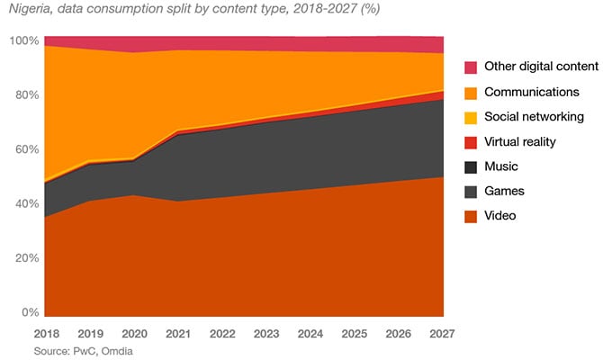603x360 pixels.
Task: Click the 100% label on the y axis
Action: (x=23, y=41)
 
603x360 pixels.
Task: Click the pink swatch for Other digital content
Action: (x=471, y=67)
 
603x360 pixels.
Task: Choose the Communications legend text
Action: (x=532, y=92)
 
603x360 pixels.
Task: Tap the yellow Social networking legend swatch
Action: (x=471, y=117)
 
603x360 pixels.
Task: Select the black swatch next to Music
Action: (x=471, y=166)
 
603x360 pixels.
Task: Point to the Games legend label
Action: (x=504, y=192)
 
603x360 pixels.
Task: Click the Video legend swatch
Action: (x=471, y=216)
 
